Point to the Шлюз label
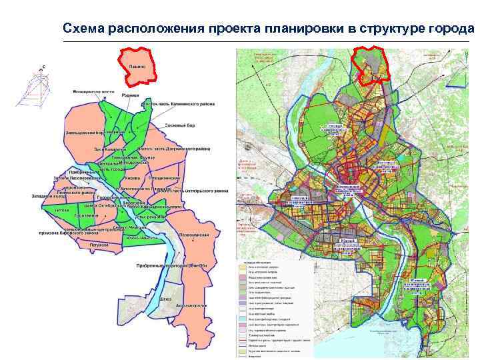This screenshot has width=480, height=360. click(166, 299)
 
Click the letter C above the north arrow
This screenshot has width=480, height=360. click(41, 67)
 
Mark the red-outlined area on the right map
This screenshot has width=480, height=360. click(372, 64)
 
